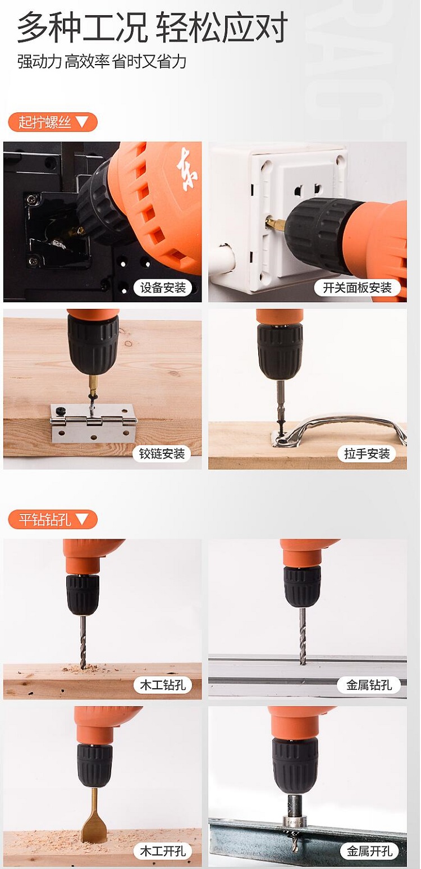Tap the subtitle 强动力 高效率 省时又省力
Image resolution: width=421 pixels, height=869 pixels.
tap(102, 62)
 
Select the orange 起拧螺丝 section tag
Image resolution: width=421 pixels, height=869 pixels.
tap(53, 122)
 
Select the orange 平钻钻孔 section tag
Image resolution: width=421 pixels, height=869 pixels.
tap(53, 519)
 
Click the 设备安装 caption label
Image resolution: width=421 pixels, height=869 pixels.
tap(163, 288)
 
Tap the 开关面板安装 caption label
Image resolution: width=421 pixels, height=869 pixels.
tap(357, 288)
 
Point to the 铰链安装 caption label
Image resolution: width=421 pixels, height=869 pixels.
tap(162, 453)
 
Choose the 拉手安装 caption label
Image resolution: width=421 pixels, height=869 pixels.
tap(367, 453)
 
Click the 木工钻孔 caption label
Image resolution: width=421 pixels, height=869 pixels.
tap(163, 685)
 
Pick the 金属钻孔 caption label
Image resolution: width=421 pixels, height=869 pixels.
tap(369, 685)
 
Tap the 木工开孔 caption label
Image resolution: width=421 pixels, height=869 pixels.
tap(163, 851)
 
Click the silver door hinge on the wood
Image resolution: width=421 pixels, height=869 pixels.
tap(93, 423)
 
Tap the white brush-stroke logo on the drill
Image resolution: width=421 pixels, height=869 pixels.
tap(187, 169)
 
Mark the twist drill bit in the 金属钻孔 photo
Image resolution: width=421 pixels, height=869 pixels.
tap(303, 635)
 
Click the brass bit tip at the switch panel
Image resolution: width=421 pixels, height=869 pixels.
tap(275, 224)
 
